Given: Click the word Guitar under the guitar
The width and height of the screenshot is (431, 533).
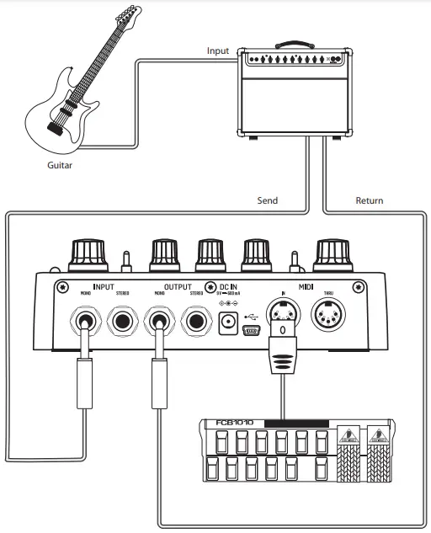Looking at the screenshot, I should coord(60,165).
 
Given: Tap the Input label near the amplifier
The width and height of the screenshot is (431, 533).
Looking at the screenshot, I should coord(218,51).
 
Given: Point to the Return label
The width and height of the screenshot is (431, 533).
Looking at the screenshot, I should coord(369,200).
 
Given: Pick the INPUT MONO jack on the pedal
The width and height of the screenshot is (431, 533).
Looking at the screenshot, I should coord(85,321).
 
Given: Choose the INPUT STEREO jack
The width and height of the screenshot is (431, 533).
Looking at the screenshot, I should coord(122,321).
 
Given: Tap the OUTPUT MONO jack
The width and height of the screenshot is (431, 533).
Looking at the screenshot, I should coord(159,321).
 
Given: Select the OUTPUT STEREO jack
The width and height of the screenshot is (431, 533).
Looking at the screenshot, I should coord(196,321).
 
